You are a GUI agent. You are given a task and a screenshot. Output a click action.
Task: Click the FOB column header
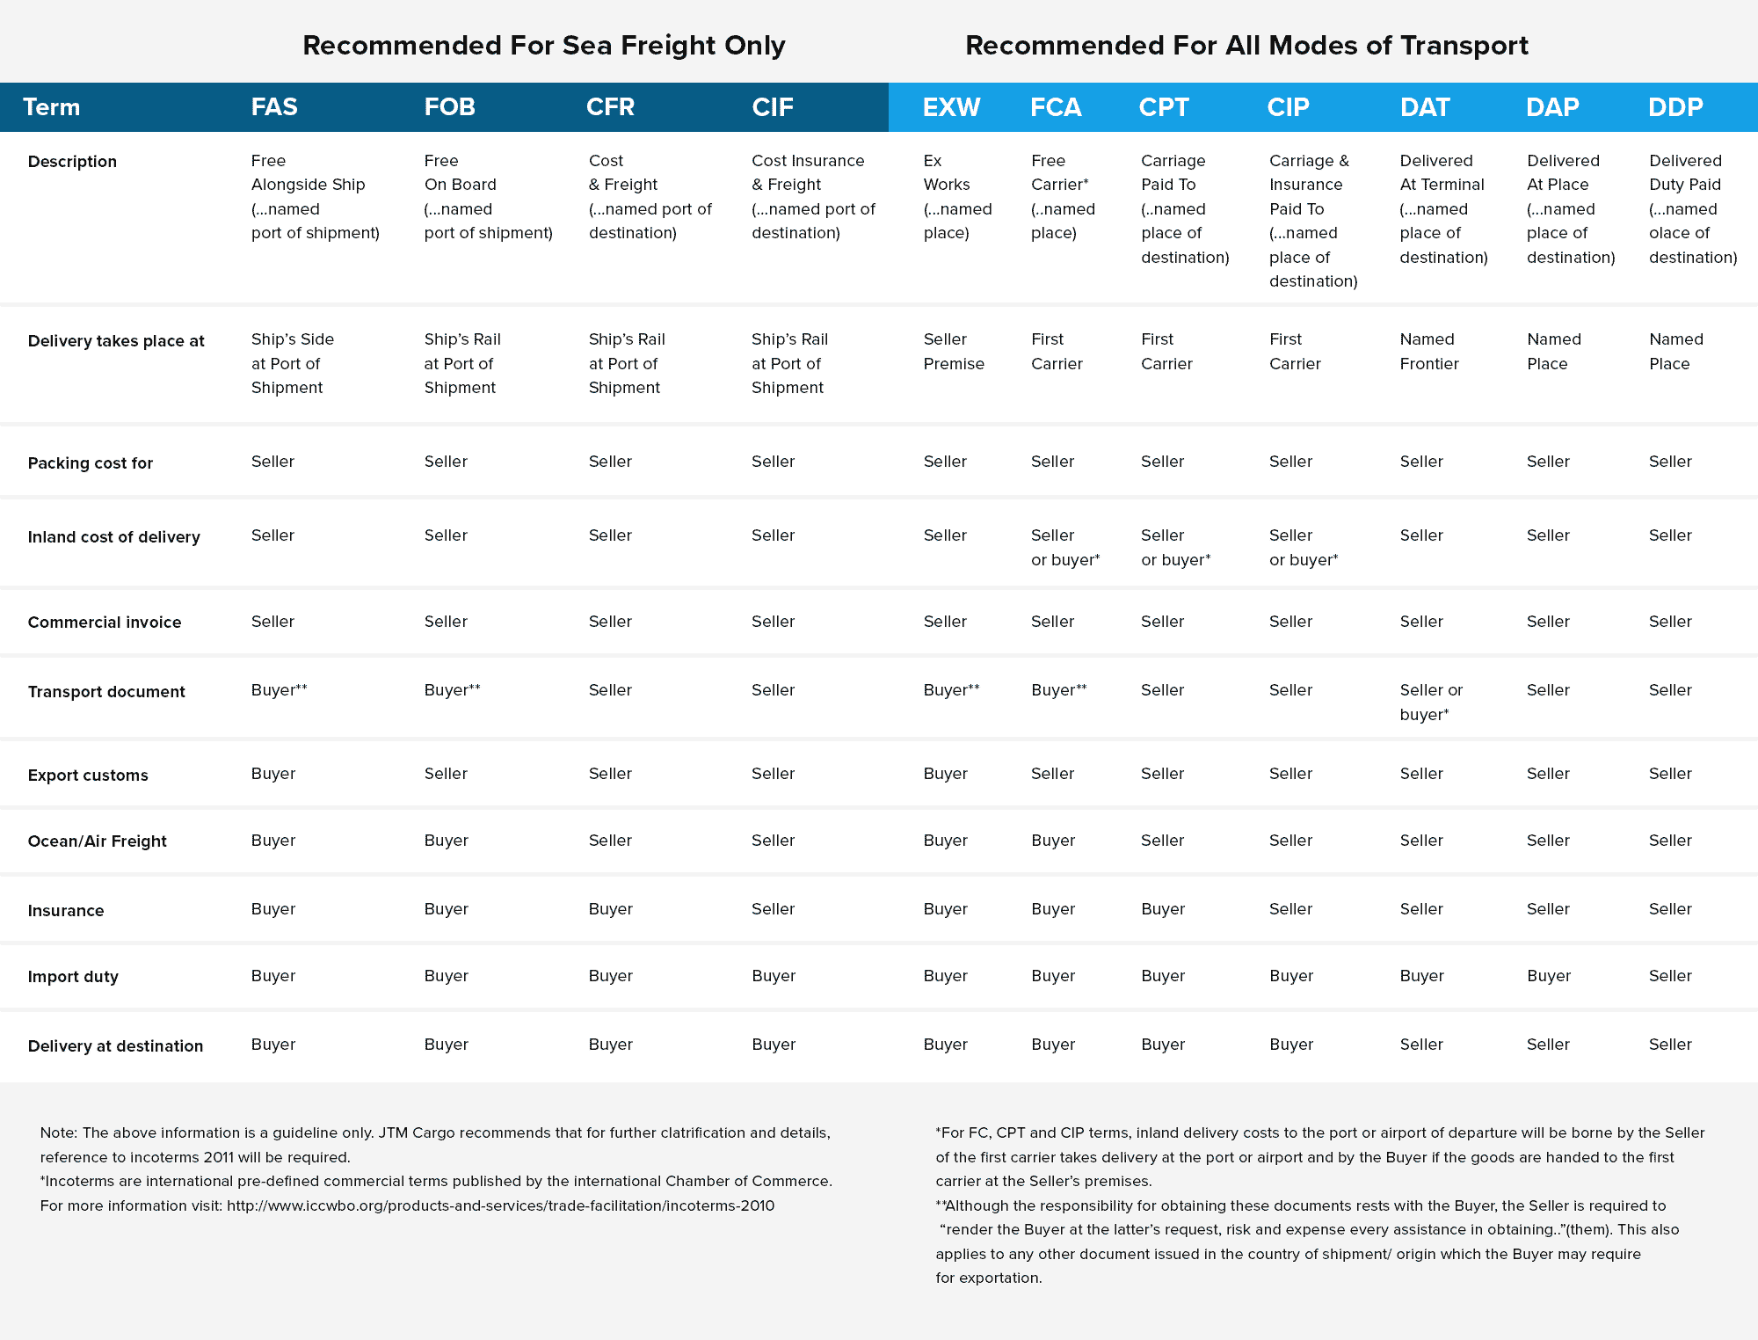[x=449, y=107]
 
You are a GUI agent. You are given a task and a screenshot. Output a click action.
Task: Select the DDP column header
[x=1675, y=107]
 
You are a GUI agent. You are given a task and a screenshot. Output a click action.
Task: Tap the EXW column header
[x=951, y=107]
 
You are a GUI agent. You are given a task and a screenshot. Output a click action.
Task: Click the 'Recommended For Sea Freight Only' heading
[x=543, y=45]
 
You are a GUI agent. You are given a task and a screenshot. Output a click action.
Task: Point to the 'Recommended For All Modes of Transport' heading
[x=1246, y=45]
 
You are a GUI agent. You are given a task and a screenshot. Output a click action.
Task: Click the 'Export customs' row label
[x=88, y=775]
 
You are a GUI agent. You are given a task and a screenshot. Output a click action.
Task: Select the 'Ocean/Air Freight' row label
[x=97, y=841]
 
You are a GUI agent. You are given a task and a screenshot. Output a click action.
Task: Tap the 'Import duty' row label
[x=73, y=976]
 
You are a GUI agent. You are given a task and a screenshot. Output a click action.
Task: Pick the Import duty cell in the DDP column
[x=1669, y=975]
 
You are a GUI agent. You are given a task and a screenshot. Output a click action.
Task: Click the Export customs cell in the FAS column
[x=273, y=773]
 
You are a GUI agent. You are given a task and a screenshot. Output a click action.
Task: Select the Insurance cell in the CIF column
[x=773, y=908]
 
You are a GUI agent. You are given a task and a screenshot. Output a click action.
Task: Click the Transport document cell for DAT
[x=1430, y=702]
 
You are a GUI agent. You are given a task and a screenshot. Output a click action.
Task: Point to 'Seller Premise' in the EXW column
[x=953, y=351]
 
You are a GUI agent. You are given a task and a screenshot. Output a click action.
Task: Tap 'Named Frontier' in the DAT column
[x=1428, y=351]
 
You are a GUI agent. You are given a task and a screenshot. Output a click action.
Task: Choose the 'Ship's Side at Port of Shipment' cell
[x=292, y=363]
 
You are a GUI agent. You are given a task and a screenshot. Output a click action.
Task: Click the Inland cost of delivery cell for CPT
[x=1175, y=547]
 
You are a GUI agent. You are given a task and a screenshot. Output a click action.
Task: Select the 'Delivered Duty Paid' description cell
[x=1692, y=208]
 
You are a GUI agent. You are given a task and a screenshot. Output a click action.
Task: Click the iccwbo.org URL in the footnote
[x=500, y=1205]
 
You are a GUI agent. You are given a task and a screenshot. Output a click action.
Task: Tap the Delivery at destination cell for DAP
[x=1547, y=1044]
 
